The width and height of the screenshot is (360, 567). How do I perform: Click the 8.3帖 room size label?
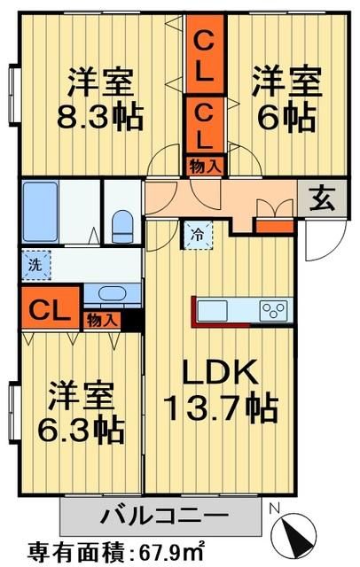tap(102, 116)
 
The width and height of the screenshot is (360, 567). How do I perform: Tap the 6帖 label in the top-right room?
tap(277, 116)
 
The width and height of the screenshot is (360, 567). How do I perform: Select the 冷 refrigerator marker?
tap(197, 236)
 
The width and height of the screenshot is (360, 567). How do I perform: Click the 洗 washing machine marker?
tap(35, 263)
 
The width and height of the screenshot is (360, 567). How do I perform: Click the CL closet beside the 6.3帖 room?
tap(43, 310)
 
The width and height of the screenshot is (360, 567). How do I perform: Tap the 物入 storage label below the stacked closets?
tap(203, 165)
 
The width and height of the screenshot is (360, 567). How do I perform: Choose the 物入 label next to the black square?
tap(100, 320)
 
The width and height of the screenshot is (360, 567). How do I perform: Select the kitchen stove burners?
tap(271, 310)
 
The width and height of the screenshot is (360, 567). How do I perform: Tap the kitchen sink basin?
tap(213, 310)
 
